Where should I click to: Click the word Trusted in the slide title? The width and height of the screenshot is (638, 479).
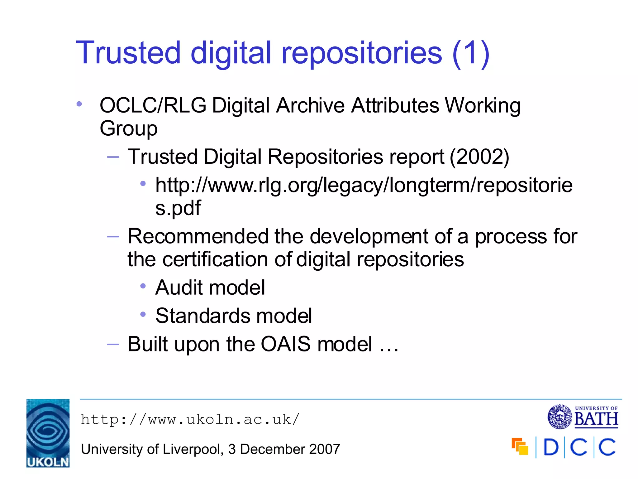pos(128,53)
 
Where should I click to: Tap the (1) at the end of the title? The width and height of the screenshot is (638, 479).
pos(471,54)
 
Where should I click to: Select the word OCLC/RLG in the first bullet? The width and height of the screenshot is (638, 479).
pos(153,105)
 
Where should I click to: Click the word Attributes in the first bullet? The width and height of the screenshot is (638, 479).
pos(395,105)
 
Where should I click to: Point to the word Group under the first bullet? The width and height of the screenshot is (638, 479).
pos(128,128)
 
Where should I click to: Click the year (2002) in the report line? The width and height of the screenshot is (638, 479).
pos(479,157)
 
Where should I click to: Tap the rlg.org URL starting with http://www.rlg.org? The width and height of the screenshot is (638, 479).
pos(364,185)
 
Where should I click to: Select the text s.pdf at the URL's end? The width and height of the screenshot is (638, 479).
pos(178,208)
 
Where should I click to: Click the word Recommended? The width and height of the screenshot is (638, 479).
pos(198,236)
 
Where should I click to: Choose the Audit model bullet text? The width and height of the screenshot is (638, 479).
pos(210,288)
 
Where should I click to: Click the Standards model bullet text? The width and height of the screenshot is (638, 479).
pos(234,316)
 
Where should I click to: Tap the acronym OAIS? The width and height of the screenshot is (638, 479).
pos(285,344)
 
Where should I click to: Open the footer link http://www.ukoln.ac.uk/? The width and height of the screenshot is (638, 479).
pos(190,419)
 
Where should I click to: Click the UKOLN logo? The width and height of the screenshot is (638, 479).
pos(48,433)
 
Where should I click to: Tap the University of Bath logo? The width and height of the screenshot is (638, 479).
pos(583,416)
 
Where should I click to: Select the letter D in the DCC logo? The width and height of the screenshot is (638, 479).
pos(551,448)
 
